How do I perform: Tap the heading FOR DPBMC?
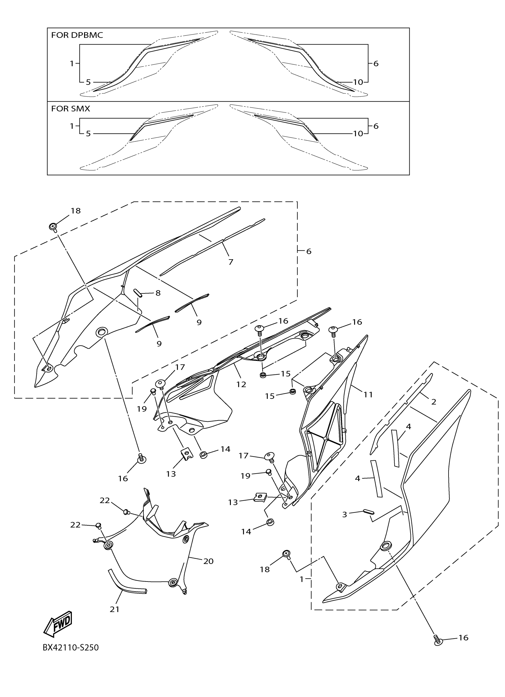77,35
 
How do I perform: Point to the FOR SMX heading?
70,108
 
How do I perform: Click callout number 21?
114,609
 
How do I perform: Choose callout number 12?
241,384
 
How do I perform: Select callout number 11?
368,394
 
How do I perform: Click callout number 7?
231,262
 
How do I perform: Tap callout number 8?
158,293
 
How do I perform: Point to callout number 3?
345,514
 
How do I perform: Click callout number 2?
433,402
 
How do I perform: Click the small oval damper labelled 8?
138,293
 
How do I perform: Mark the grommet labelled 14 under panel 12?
203,455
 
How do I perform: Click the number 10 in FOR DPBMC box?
358,82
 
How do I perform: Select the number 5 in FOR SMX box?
88,133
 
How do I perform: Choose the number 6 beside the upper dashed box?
309,251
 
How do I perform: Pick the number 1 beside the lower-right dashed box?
302,579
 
